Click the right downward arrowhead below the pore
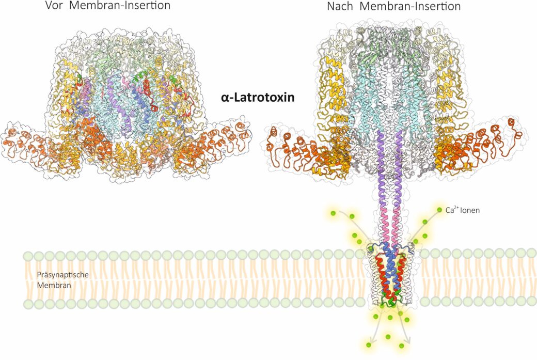pos(408,341)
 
